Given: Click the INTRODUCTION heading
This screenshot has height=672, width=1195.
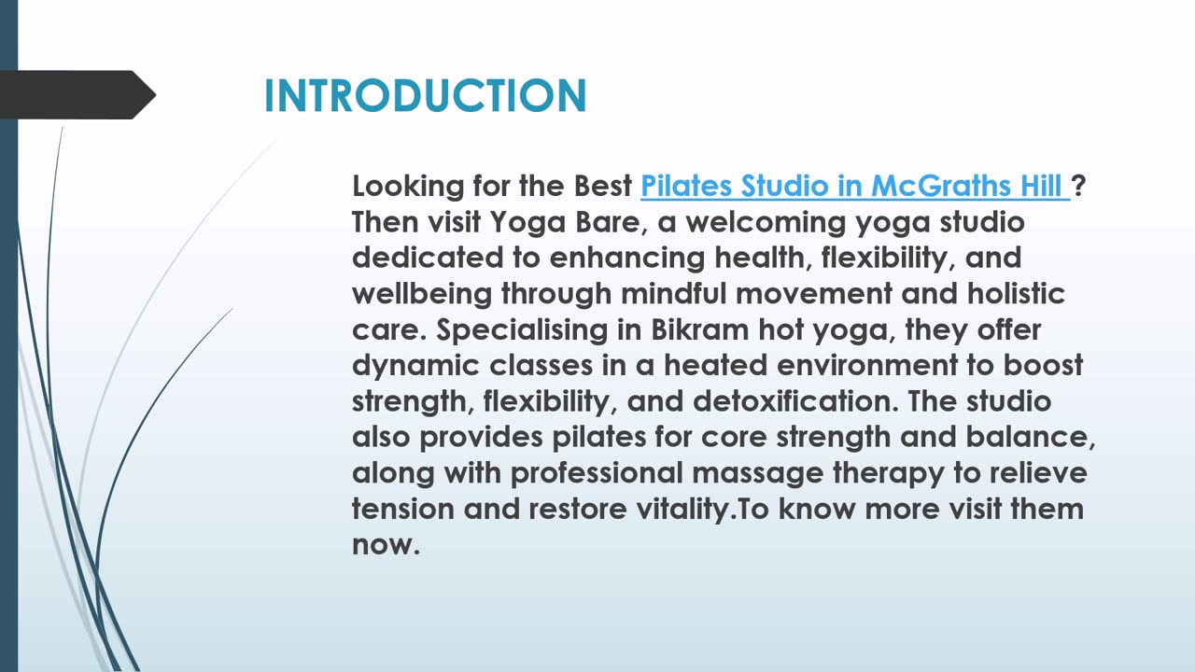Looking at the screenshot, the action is (x=425, y=96).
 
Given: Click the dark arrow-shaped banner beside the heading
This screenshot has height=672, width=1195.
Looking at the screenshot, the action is (x=77, y=95).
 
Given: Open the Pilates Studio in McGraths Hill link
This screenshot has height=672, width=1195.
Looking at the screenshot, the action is (x=855, y=187).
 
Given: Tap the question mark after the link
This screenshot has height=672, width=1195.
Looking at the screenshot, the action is (x=1078, y=186).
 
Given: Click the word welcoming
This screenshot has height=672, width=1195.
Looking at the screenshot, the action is (x=766, y=223).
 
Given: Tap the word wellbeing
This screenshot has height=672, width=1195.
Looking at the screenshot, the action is (x=421, y=294).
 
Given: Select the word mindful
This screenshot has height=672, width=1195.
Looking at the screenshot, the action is (x=674, y=293).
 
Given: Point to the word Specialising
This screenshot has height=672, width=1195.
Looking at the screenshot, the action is (x=522, y=330).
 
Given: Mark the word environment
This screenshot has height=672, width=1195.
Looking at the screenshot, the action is (x=867, y=366).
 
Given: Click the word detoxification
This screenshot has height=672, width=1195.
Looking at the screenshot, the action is (x=795, y=401).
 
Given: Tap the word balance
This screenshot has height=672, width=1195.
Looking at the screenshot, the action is (x=1030, y=438).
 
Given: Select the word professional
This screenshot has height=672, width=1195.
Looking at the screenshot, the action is (x=597, y=473).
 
